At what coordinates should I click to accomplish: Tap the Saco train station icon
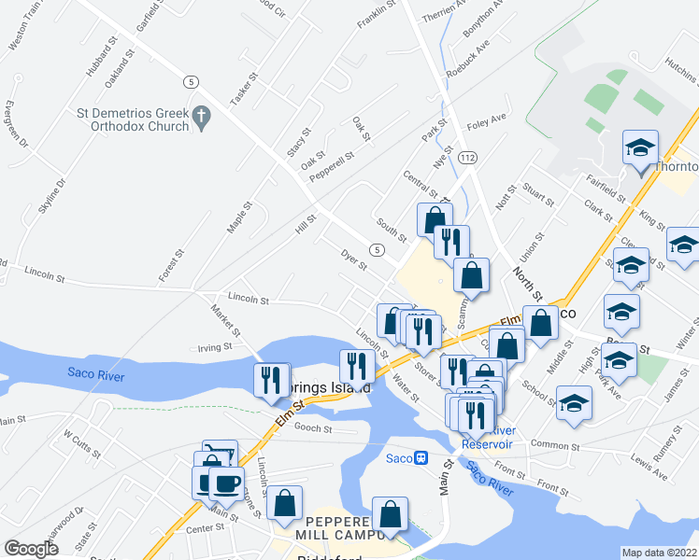coord(421,457)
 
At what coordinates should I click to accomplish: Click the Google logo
coord(32,549)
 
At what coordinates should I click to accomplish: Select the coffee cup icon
coord(225,482)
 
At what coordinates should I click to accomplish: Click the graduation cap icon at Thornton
coord(641,148)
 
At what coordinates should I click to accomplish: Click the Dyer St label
coord(352,254)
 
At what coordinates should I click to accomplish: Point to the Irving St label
coord(214,346)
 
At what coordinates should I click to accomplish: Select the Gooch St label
coord(314,428)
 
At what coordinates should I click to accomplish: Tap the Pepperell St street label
coord(332,167)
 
